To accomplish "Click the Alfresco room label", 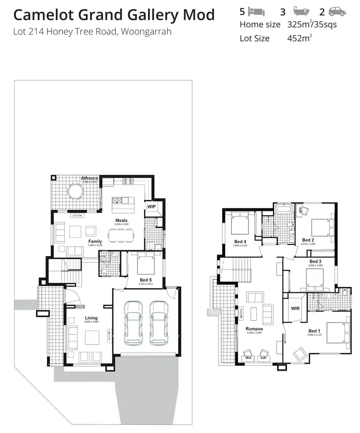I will point(89,178).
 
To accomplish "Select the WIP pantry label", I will point(152,206).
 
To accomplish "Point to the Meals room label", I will point(121,220).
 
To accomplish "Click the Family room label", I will point(95,241).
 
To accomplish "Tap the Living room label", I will point(91,318).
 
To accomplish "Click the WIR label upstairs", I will point(295,309).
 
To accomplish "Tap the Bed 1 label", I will point(313,331).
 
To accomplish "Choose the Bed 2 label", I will point(308,240).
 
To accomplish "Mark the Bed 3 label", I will point(315,261).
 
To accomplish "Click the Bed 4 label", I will point(240,241).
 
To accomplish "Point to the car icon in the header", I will point(337,11).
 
